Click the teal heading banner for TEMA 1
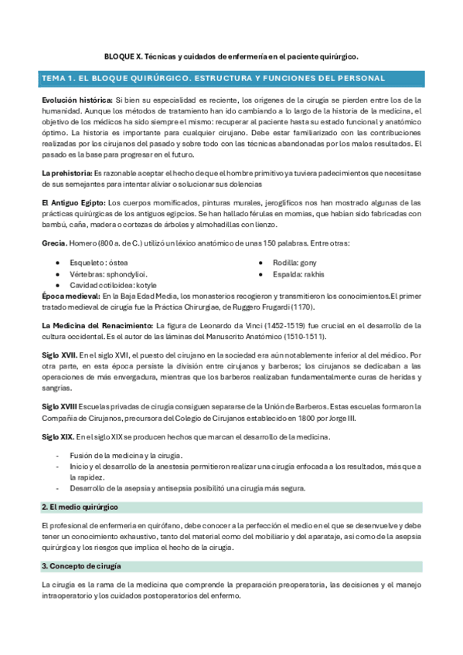pos(231,79)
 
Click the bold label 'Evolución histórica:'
pos(77,100)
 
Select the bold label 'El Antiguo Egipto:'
pos(73,202)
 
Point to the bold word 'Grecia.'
pos(54,243)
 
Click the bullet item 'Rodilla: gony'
pos(294,263)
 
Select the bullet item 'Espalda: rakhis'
pos(298,273)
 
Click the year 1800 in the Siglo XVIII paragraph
pos(300,417)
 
